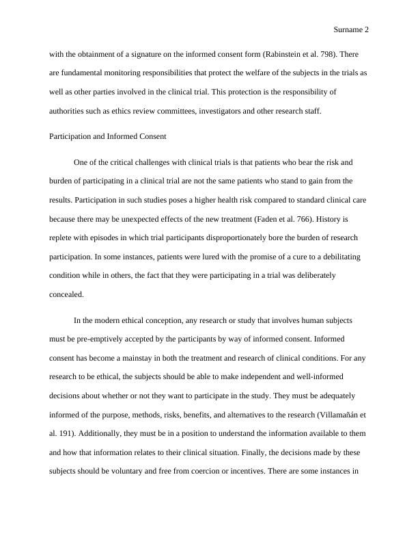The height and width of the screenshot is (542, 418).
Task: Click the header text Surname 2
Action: pos(351,30)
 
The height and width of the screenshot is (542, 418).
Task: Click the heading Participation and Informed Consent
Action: pos(108,136)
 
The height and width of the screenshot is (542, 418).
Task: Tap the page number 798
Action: pos(325,53)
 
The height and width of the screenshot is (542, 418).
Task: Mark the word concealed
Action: pos(66,294)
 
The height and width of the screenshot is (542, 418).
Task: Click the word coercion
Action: pos(245,471)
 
